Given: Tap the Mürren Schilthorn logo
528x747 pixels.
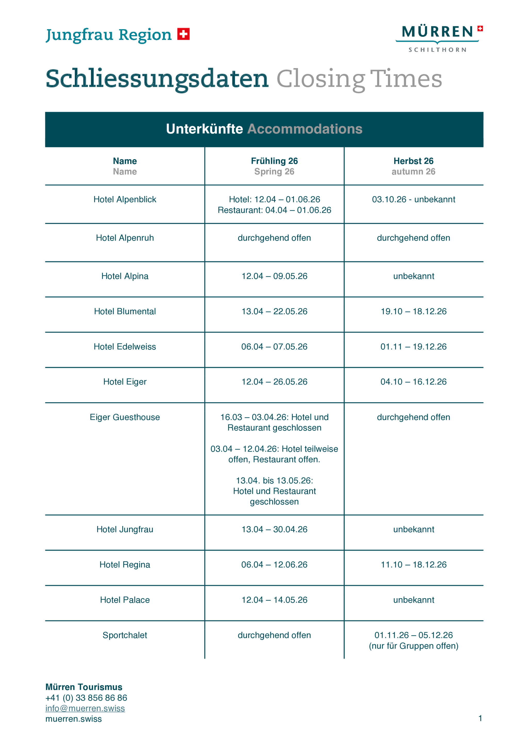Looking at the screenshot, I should click(439, 38).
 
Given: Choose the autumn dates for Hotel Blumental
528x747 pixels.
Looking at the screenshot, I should click(413, 311).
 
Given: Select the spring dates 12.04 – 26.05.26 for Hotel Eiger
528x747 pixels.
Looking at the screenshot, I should click(274, 382).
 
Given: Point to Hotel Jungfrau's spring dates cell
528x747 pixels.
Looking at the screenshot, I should click(274, 529).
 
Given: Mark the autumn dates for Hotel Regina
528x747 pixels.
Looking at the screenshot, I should click(413, 565).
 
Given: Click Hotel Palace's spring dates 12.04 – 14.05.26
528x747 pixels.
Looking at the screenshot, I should click(274, 600).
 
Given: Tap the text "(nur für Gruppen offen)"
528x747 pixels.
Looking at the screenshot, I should click(413, 646).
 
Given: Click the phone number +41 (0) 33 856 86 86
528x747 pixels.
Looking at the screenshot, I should click(86, 698).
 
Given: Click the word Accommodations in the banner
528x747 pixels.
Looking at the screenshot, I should click(305, 129).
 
